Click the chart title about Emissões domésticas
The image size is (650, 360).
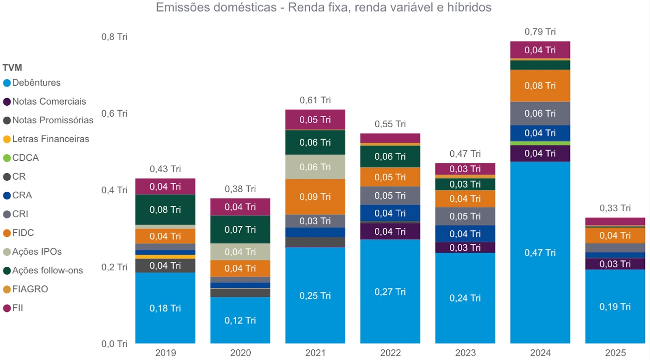click(x=324, y=8)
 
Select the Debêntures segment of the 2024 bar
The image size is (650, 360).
click(x=540, y=252)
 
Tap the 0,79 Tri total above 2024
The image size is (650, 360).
click(x=540, y=32)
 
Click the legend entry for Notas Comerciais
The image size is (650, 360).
click(x=49, y=102)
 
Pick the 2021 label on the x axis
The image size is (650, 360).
click(x=315, y=352)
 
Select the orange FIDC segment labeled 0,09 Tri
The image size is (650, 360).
click(x=315, y=197)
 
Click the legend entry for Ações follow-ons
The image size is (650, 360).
click(x=48, y=270)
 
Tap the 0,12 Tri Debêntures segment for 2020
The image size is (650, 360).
click(x=240, y=320)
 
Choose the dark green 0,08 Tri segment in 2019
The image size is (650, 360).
click(x=165, y=209)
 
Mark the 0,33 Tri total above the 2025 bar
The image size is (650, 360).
click(x=615, y=208)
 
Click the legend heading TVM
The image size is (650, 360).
click(x=12, y=68)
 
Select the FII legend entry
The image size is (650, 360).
click(x=18, y=308)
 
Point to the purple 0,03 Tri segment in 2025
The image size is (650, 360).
click(x=615, y=264)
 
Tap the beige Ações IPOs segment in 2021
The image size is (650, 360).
click(x=315, y=167)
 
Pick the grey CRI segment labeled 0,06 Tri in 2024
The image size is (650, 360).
click(x=540, y=114)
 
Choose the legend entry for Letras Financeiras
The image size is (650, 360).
click(x=51, y=139)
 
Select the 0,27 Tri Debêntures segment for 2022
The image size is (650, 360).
click(x=390, y=291)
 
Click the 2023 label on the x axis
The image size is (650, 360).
click(x=465, y=352)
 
